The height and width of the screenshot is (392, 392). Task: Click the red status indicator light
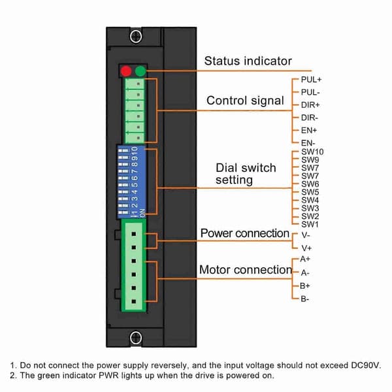coord(126,71)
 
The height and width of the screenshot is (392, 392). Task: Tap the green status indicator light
coord(140,71)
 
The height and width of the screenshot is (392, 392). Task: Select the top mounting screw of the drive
coord(136,36)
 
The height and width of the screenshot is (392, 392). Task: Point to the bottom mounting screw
coord(136,338)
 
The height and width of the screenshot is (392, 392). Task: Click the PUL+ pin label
coord(311,80)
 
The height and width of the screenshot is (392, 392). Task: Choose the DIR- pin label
coord(310,118)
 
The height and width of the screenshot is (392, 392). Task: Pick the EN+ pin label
coord(309,130)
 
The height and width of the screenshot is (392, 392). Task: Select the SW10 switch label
coord(312,152)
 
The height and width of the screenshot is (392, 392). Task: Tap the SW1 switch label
coord(310,224)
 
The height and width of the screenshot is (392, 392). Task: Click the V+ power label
coord(306,248)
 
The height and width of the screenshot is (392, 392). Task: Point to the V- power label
coord(306,235)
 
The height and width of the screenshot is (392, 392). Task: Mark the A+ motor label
coord(305,259)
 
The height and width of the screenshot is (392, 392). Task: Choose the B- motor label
coord(304,299)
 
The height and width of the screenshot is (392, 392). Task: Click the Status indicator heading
coord(248,61)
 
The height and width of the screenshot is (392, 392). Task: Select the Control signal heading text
coord(245,101)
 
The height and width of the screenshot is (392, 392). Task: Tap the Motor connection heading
coord(246,270)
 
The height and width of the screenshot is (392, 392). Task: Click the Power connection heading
coord(245,233)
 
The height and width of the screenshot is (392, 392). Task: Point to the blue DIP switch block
coord(131,182)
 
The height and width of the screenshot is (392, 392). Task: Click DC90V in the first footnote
coord(366,365)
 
